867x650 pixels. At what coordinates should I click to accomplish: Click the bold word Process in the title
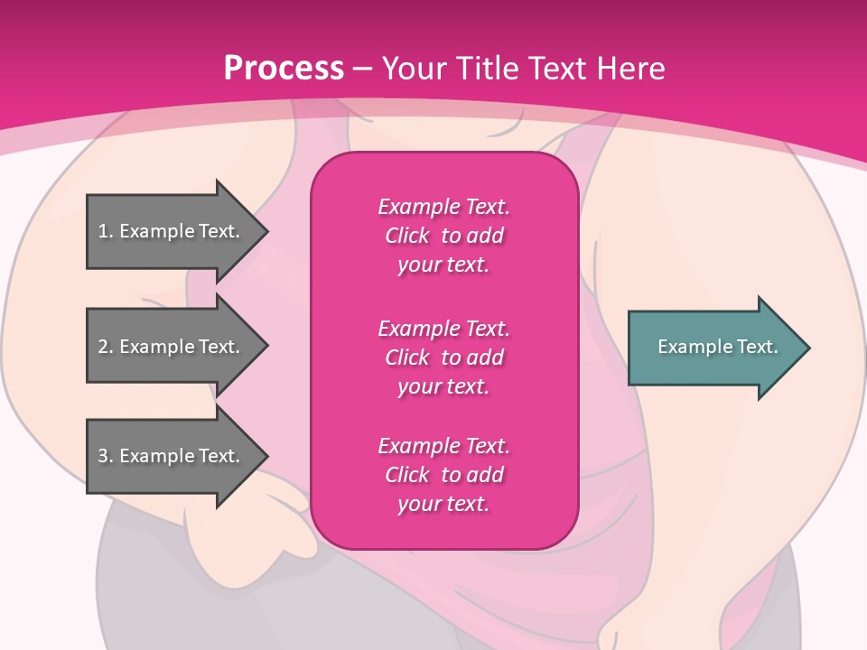[284, 68]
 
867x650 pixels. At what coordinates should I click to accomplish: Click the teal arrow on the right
[713, 347]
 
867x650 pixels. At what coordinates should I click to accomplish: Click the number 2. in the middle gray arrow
[105, 347]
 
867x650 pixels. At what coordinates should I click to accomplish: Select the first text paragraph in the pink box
[443, 236]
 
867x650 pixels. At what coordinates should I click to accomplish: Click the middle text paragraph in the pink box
[443, 357]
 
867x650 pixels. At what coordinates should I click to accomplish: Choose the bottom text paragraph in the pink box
[443, 475]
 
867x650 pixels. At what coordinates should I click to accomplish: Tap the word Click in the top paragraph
[407, 236]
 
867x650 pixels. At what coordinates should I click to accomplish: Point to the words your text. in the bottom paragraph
[443, 504]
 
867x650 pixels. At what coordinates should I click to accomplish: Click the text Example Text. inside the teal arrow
[717, 347]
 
